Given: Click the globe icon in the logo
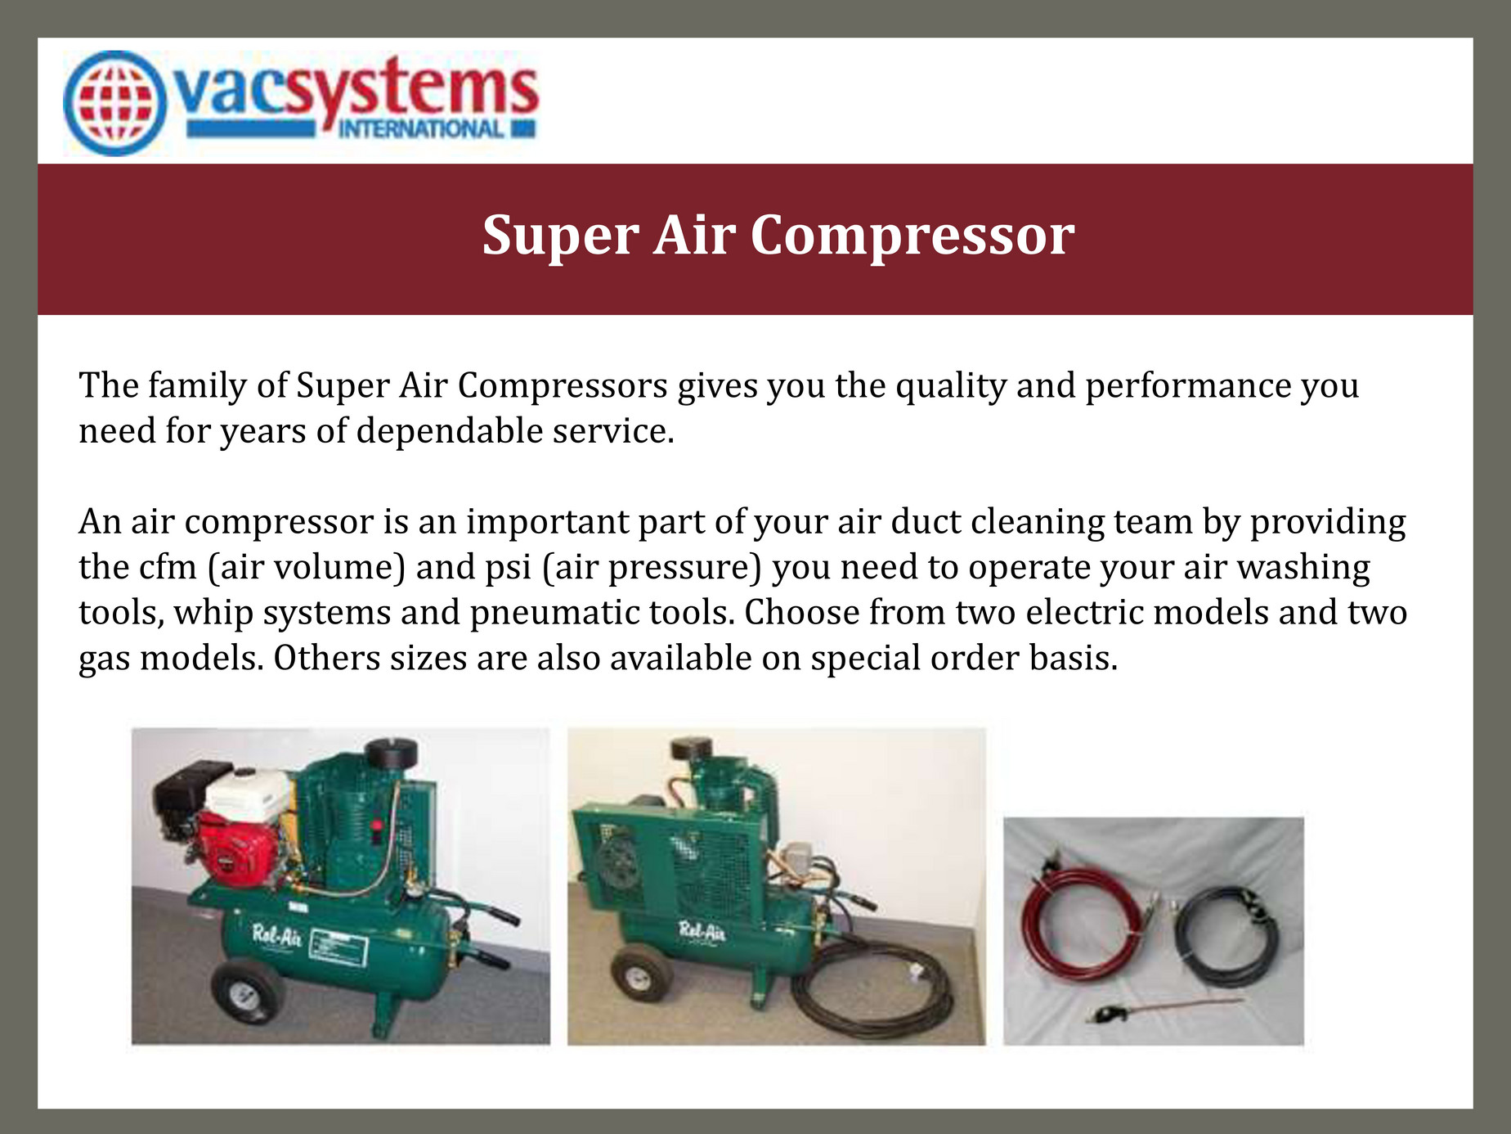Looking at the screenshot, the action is click(115, 104).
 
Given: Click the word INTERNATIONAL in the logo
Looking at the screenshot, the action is click(421, 129).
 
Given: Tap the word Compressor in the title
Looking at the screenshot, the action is click(912, 236).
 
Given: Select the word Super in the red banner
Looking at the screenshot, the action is click(560, 236).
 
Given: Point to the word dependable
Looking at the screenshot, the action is click(449, 431).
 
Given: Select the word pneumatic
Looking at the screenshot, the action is click(555, 613).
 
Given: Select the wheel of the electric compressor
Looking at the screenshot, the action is click(641, 971).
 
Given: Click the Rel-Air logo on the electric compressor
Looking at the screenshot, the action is click(702, 930).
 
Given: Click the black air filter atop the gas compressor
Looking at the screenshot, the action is click(391, 751).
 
